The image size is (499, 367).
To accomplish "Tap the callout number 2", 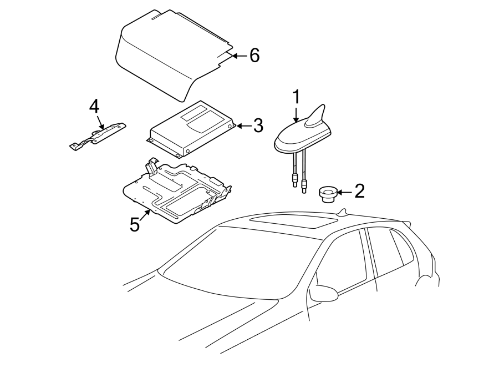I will [359, 192].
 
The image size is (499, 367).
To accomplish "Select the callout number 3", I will [258, 126].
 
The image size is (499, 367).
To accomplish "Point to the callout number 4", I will [94, 105].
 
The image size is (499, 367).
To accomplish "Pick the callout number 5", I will [135, 224].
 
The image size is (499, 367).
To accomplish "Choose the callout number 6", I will [254, 56].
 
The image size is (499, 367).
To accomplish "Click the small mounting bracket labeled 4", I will [99, 135].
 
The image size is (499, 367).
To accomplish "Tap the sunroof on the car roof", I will [292, 224].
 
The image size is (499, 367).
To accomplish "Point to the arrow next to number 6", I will [238, 56].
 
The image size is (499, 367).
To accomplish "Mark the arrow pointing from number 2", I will [344, 192].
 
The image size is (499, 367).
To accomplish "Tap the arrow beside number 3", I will [243, 126].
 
